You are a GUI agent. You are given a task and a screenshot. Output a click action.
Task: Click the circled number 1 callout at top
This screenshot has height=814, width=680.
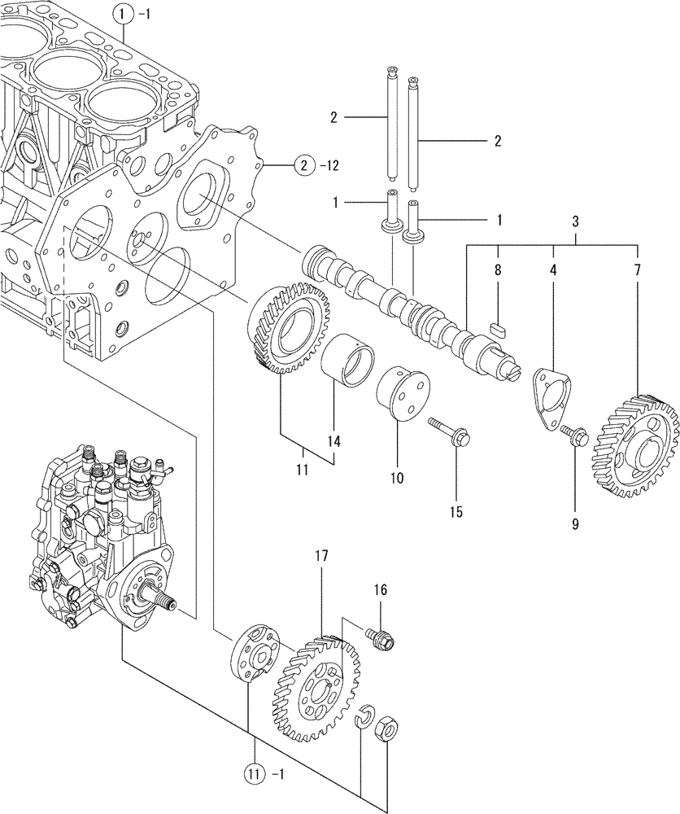[121, 12]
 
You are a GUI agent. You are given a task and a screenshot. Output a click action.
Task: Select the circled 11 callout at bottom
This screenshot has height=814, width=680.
[253, 770]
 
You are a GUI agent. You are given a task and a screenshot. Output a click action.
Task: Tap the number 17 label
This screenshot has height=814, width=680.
[321, 557]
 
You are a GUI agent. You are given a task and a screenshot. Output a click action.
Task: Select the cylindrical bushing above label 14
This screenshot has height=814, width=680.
[352, 364]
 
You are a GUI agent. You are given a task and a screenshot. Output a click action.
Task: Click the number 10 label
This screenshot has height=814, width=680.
[396, 478]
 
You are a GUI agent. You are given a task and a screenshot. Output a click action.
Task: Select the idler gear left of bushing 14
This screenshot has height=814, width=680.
[290, 328]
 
